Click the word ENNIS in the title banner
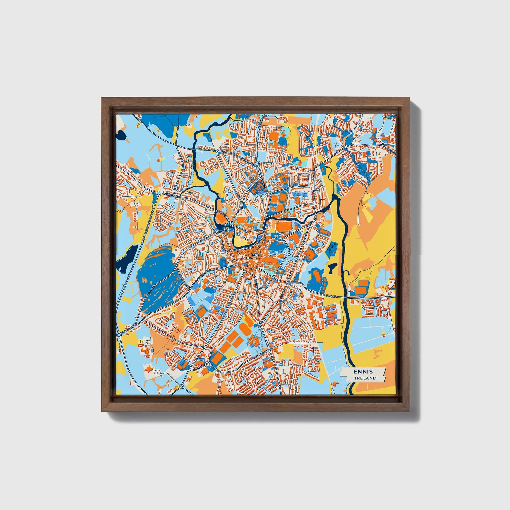[x=363, y=372]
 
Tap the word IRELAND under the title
[x=366, y=378]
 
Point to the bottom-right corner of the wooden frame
[x=410, y=411]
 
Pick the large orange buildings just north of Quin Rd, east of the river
[x=362, y=287]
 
